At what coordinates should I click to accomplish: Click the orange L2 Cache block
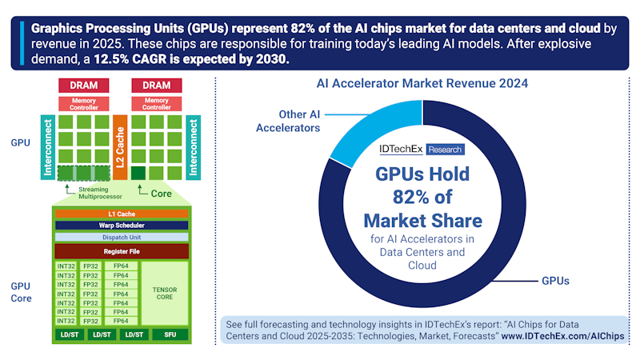119,146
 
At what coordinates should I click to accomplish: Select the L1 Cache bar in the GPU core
122,214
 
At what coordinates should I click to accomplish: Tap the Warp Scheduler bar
122,225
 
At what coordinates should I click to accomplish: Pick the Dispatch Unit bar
122,237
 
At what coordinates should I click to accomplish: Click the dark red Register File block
122,251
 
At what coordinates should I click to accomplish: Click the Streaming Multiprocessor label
99,193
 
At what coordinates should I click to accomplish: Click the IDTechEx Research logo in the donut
421,150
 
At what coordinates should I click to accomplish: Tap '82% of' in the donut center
421,197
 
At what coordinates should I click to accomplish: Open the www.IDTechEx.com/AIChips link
562,337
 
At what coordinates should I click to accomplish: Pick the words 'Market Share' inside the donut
421,219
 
